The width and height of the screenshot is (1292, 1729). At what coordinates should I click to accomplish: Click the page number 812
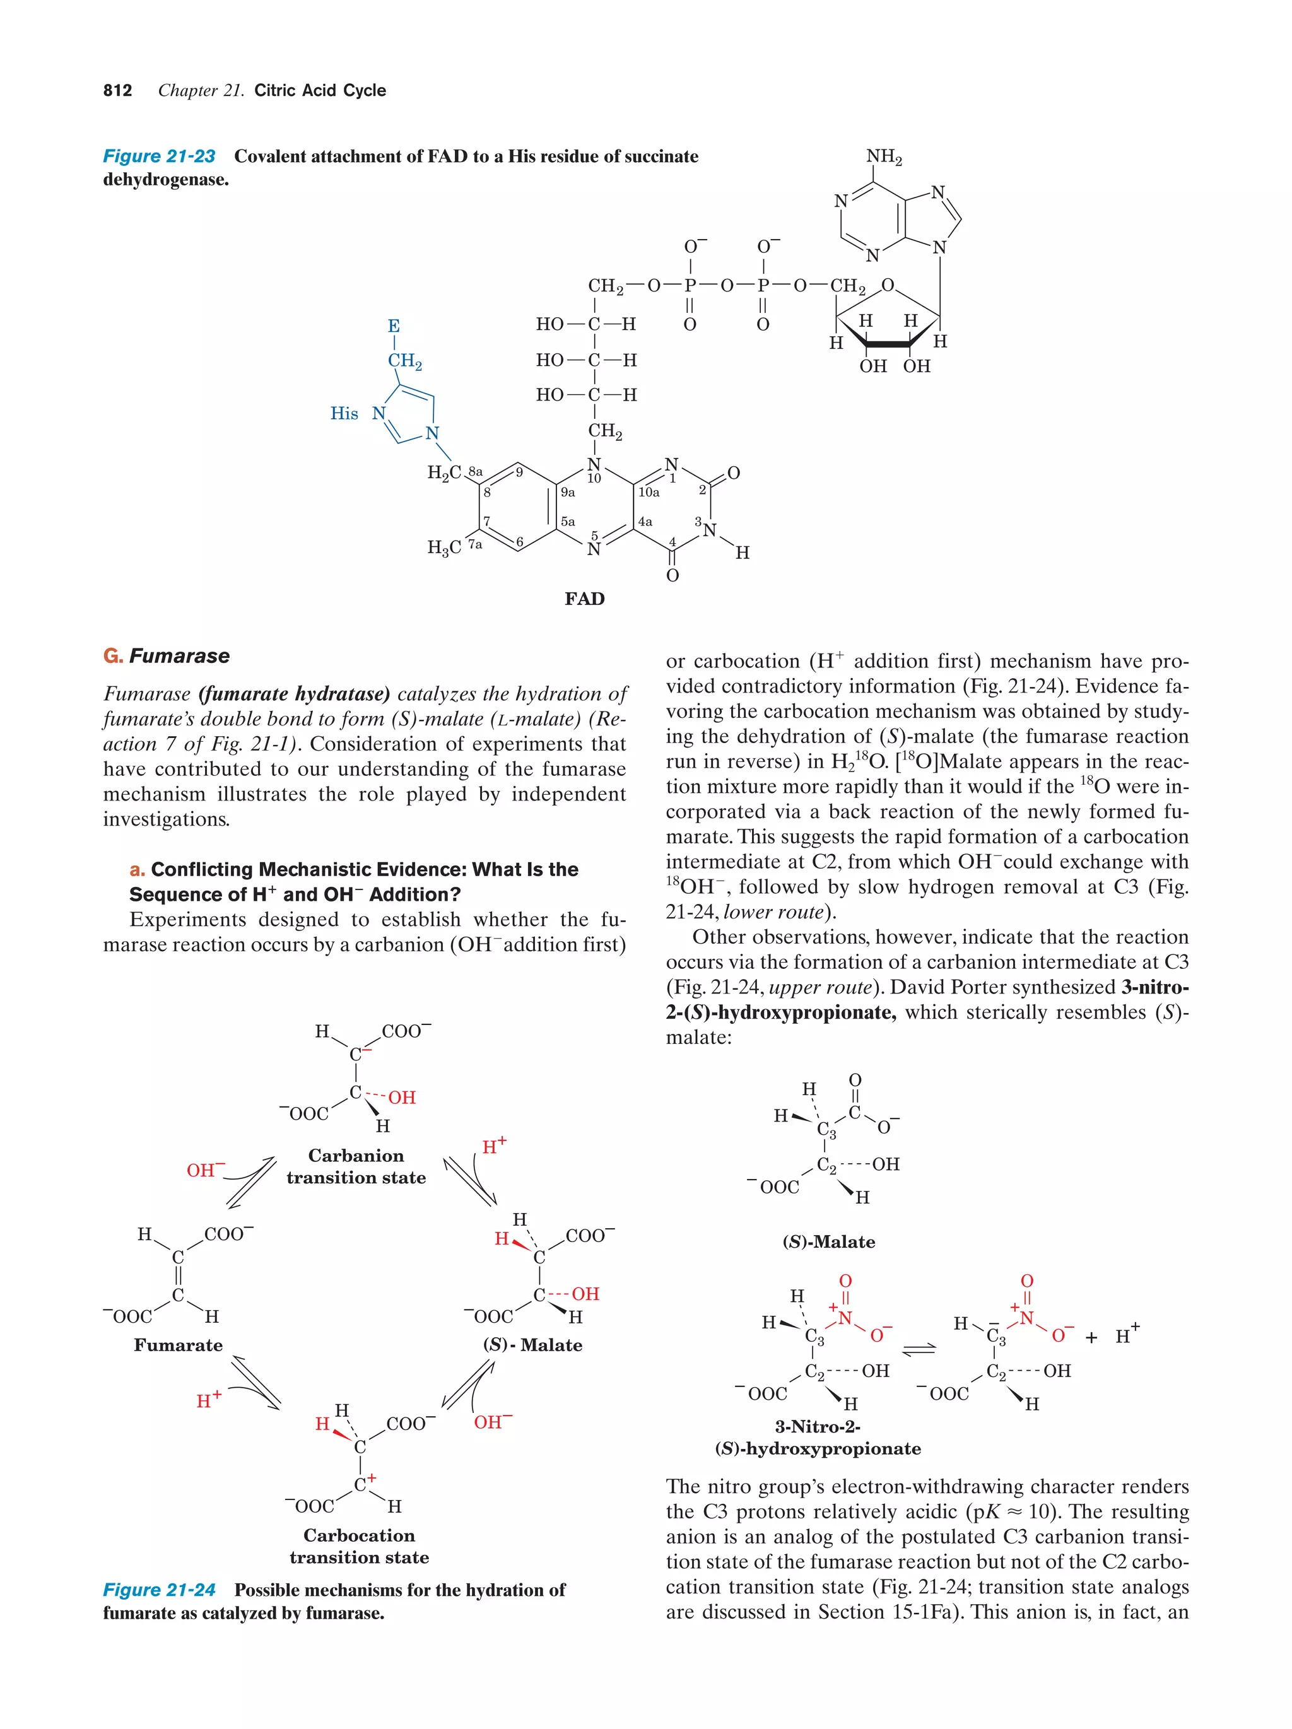(117, 91)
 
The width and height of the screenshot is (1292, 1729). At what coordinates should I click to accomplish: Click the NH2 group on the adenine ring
(883, 157)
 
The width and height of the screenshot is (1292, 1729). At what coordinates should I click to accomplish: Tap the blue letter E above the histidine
(394, 326)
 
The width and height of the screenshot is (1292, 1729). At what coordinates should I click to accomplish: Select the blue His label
(344, 414)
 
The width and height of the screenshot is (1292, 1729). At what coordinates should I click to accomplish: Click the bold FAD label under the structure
(585, 599)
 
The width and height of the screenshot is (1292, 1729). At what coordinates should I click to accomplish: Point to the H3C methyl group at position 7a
(444, 547)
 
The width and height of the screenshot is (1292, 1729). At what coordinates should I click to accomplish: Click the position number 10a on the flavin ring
(649, 493)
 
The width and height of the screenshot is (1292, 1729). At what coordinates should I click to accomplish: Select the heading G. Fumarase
(167, 656)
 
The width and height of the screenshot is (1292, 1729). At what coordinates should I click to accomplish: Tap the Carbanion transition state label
(356, 1166)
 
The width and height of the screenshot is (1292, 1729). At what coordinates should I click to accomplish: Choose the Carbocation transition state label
(359, 1546)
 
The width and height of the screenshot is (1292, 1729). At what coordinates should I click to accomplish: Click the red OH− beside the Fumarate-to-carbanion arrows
(205, 1170)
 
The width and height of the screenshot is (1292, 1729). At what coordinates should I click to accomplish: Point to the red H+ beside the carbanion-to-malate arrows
(494, 1147)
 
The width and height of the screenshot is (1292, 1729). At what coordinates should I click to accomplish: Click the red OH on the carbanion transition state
(402, 1098)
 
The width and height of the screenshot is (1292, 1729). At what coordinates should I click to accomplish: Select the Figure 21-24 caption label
(159, 1590)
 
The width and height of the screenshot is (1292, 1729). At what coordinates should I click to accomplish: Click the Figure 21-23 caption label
(159, 156)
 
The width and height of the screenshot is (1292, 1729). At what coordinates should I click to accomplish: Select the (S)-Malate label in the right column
(828, 1242)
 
